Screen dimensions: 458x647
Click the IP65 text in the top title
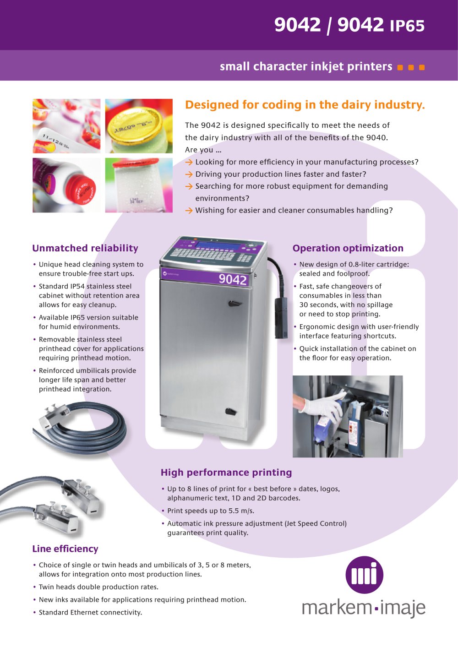[407, 26]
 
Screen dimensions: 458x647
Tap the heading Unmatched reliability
[85, 248]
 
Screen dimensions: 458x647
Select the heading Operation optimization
[348, 248]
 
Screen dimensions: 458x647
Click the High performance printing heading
[226, 473]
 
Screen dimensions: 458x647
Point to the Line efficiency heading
[65, 549]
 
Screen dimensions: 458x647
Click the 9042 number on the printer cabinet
[233, 279]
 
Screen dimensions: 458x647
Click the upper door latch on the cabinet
[234, 303]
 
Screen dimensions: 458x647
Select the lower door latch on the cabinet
[231, 411]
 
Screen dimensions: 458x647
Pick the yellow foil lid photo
[139, 126]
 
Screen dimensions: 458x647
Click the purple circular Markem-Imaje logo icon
[365, 575]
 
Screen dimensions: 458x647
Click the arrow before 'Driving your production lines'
[189, 174]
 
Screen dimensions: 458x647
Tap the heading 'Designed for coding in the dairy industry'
[305, 105]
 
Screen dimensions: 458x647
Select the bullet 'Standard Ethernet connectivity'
[90, 612]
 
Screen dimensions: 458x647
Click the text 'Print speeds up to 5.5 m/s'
[211, 511]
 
